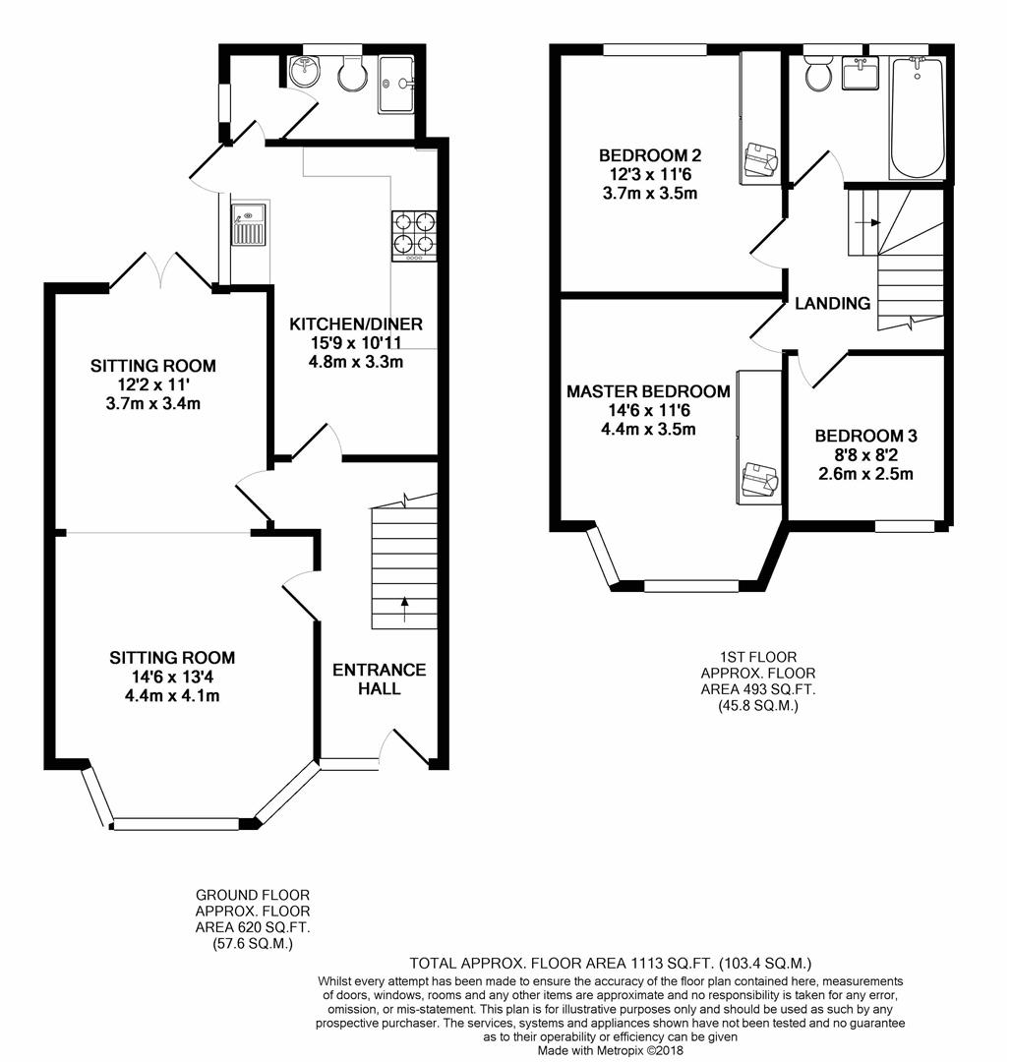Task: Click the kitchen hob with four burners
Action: (x=414, y=236)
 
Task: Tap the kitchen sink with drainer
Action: (x=248, y=225)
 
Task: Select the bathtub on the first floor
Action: (x=917, y=118)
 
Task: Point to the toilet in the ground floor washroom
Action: (x=351, y=74)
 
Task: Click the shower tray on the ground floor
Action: (x=396, y=85)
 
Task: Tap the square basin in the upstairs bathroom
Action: (x=860, y=73)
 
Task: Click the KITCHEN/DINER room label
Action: (x=356, y=324)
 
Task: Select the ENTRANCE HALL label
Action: (x=380, y=679)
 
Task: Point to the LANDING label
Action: (x=833, y=304)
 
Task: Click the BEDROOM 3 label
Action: (x=866, y=436)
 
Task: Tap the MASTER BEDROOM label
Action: (x=649, y=391)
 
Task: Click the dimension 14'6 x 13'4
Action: (x=172, y=677)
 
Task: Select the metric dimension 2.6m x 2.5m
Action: (x=866, y=473)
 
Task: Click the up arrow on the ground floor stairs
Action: (x=405, y=609)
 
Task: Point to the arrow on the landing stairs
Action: (x=867, y=222)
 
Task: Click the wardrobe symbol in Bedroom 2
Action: (x=761, y=160)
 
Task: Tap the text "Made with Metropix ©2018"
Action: (x=611, y=1050)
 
